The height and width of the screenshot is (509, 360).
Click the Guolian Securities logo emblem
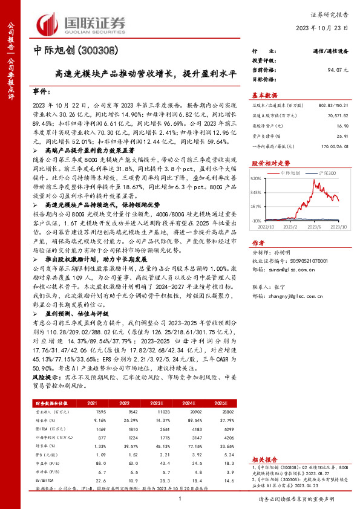[49, 23]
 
